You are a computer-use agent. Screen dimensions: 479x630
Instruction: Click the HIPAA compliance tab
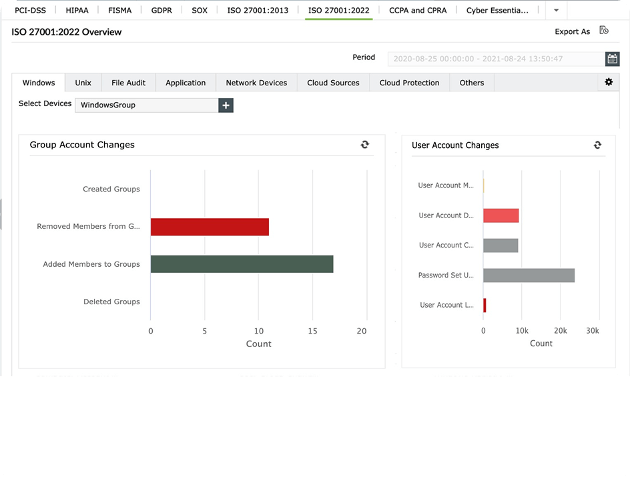pyautogui.click(x=77, y=10)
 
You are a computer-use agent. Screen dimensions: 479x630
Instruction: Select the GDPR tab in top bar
pyautogui.click(x=162, y=10)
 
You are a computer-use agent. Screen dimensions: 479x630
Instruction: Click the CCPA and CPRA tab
pyautogui.click(x=418, y=10)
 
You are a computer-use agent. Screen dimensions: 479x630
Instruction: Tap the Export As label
pyautogui.click(x=572, y=31)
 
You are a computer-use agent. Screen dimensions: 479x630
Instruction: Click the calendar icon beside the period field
pyautogui.click(x=612, y=59)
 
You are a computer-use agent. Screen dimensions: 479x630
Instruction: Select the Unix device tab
pyautogui.click(x=83, y=83)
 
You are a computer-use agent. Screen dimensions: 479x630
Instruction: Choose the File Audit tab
pyautogui.click(x=128, y=83)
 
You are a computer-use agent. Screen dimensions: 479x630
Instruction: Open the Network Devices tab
pyautogui.click(x=256, y=83)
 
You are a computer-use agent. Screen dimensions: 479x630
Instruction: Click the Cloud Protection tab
pyautogui.click(x=409, y=83)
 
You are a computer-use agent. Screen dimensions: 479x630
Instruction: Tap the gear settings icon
pyautogui.click(x=609, y=82)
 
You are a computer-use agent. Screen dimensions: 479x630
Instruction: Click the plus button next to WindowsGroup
pyautogui.click(x=226, y=105)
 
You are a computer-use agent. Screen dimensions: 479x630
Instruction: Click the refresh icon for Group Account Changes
pyautogui.click(x=365, y=144)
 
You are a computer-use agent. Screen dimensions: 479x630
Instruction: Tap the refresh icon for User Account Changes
pyautogui.click(x=597, y=145)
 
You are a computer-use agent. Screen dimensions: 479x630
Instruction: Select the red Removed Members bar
pyautogui.click(x=210, y=227)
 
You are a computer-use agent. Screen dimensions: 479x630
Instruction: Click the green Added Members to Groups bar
pyautogui.click(x=242, y=264)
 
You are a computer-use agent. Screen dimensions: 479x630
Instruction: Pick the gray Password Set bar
pyautogui.click(x=529, y=276)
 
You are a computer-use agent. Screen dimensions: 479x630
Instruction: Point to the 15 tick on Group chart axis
pyautogui.click(x=313, y=331)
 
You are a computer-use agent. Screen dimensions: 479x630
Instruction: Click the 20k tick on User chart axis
pyautogui.click(x=560, y=331)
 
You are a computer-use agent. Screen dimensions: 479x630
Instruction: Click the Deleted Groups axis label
pyautogui.click(x=111, y=302)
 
